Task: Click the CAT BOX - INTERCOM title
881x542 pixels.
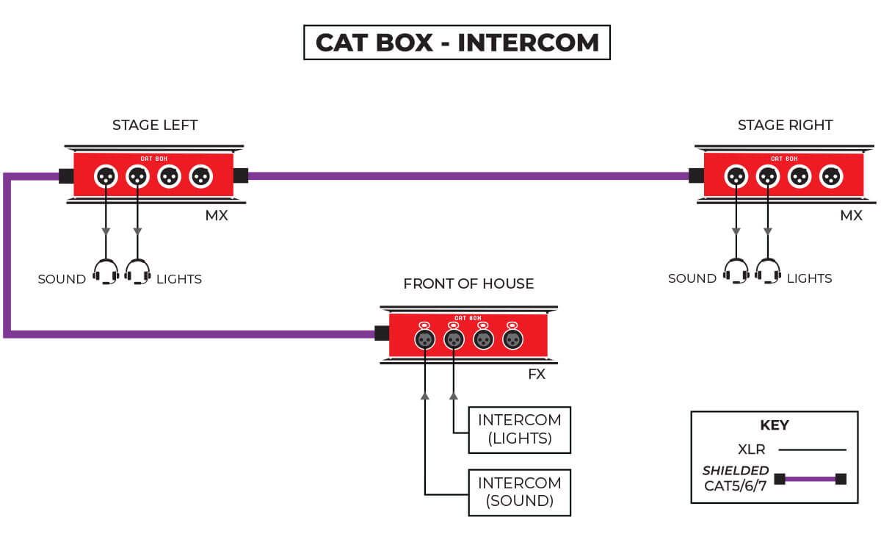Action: (457, 43)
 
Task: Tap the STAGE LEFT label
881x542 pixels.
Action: (155, 125)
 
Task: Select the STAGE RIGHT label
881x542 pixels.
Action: (785, 125)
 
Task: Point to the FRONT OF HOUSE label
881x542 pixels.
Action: (468, 283)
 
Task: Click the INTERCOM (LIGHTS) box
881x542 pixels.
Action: (519, 430)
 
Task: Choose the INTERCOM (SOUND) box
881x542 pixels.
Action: (519, 493)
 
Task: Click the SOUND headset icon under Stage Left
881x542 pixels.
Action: (106, 272)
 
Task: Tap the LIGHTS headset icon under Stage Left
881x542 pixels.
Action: (137, 272)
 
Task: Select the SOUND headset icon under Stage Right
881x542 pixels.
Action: (736, 271)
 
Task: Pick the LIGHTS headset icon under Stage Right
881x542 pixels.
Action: (768, 271)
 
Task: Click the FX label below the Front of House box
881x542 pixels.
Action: (537, 374)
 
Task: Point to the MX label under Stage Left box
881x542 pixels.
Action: (217, 215)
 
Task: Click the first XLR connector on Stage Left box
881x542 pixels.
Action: (106, 176)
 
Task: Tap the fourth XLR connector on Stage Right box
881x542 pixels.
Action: (830, 176)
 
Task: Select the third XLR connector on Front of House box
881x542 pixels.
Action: (483, 339)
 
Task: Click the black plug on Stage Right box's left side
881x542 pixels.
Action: (696, 176)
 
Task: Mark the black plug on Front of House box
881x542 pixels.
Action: (381, 333)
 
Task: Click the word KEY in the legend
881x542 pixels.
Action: (774, 425)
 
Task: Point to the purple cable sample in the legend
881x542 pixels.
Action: (811, 479)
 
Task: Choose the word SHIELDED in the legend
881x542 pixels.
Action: (736, 471)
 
